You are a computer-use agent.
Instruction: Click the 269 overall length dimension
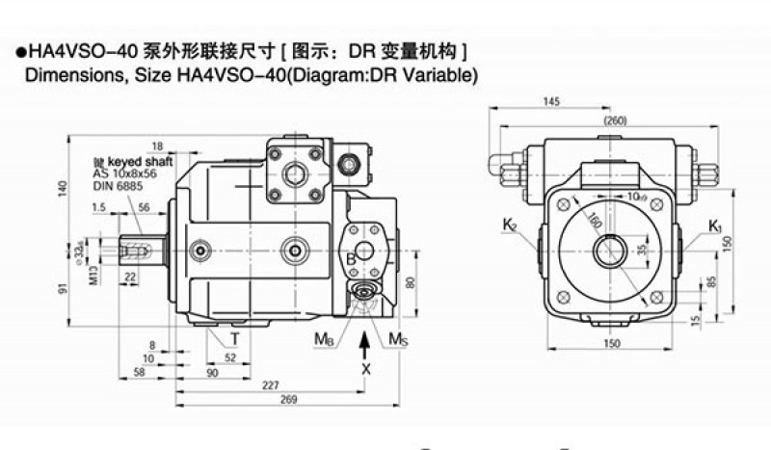pyautogui.click(x=288, y=400)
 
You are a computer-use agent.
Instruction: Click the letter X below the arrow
pyautogui.click(x=365, y=367)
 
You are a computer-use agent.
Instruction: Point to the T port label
pyautogui.click(x=234, y=338)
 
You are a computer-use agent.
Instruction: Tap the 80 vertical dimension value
pyautogui.click(x=409, y=283)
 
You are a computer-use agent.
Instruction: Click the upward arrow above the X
pyautogui.click(x=365, y=342)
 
